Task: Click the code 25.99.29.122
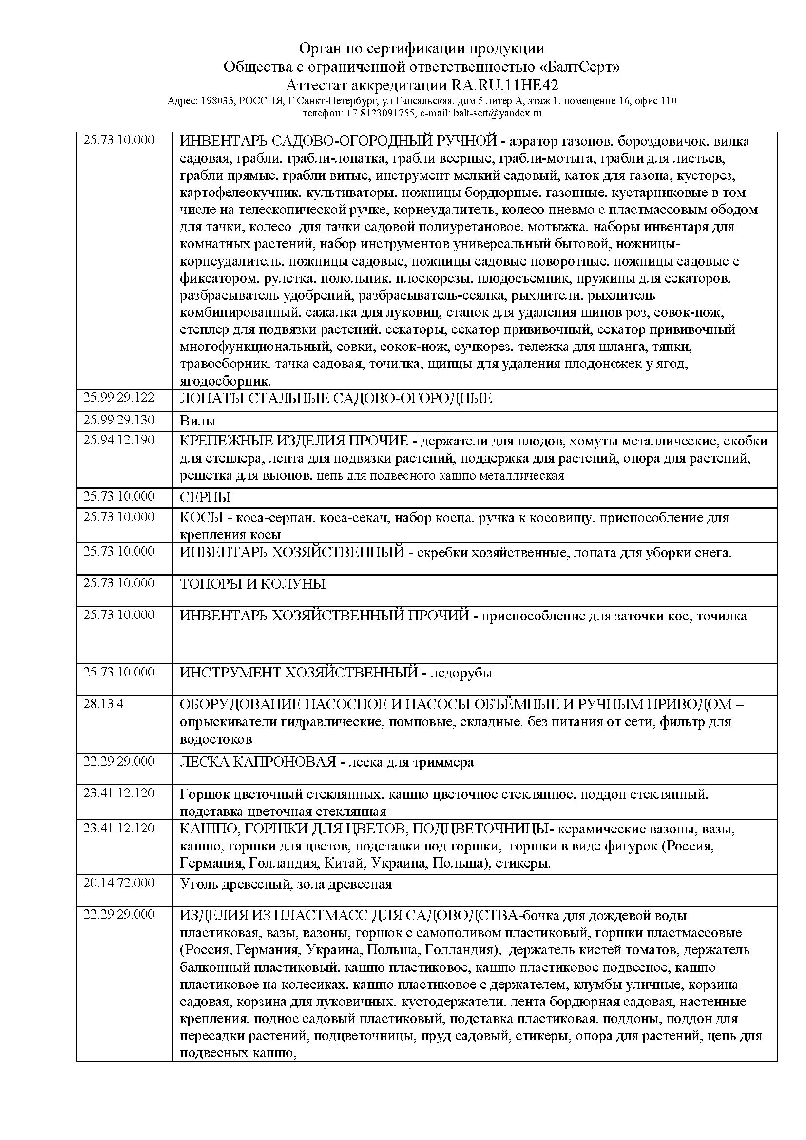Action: coord(118,397)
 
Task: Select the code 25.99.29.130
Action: coord(118,420)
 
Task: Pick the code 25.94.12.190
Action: coord(118,440)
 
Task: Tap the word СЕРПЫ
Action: coord(205,498)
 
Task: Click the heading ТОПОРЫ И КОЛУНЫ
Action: coord(252,584)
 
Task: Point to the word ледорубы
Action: coord(461,673)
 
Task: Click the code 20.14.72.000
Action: coord(118,883)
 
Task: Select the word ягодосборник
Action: coord(225,381)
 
